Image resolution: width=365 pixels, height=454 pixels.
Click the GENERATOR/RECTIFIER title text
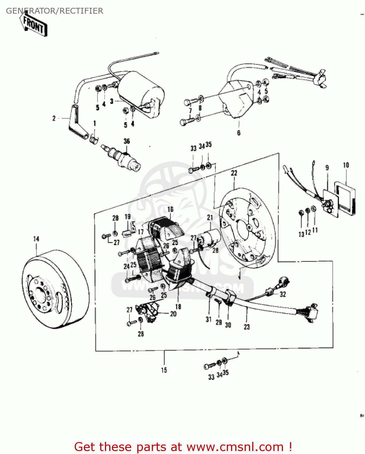click(x=54, y=11)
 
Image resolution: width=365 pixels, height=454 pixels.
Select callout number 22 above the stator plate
click(x=234, y=173)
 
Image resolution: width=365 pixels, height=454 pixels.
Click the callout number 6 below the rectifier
click(x=239, y=133)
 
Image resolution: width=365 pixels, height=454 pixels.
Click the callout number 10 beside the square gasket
click(x=346, y=165)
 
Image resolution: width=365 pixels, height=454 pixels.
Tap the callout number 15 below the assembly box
click(x=164, y=370)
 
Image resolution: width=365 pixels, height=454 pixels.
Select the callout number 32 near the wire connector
click(x=283, y=294)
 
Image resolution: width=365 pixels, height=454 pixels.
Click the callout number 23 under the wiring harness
click(x=247, y=327)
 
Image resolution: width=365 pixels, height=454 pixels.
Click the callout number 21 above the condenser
click(x=210, y=217)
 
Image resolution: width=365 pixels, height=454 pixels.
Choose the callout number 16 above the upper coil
click(x=170, y=209)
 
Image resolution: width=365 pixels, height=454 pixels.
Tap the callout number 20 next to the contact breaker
click(x=173, y=314)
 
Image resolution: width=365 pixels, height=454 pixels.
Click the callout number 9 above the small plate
click(x=327, y=168)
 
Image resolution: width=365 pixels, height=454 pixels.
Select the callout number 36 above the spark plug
click(x=127, y=141)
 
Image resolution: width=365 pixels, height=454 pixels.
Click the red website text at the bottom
click(x=183, y=447)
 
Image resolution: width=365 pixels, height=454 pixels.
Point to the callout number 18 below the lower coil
click(x=178, y=307)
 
